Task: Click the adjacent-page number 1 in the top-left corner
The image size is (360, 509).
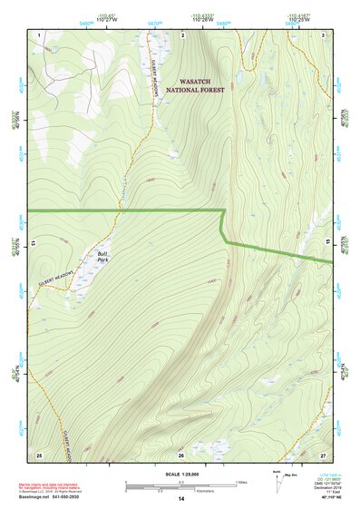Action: pyautogui.click(x=41, y=34)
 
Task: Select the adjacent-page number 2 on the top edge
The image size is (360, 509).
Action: pyautogui.click(x=182, y=34)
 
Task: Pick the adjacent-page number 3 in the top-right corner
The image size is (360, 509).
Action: pyautogui.click(x=324, y=34)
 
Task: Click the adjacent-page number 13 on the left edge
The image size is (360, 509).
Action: pyautogui.click(x=33, y=243)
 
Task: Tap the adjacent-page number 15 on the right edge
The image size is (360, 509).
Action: pyautogui.click(x=329, y=243)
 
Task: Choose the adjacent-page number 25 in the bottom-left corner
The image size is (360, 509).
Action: pyautogui.click(x=39, y=454)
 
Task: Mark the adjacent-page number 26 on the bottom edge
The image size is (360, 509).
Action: pyautogui.click(x=181, y=454)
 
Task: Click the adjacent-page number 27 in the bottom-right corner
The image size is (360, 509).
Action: pyautogui.click(x=323, y=454)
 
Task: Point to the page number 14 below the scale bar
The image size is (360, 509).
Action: pyautogui.click(x=180, y=499)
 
